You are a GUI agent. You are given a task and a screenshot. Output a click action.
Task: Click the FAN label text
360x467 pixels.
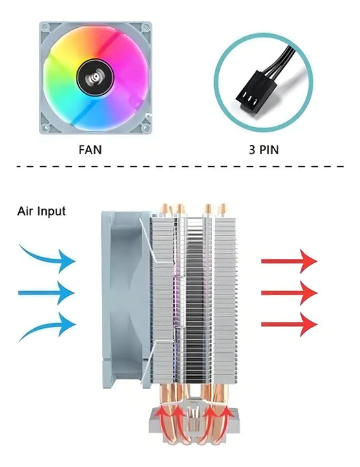click(90, 149)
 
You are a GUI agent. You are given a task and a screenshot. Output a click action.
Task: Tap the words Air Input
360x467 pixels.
click(42, 211)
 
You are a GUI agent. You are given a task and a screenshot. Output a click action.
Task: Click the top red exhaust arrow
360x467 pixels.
click(289, 261)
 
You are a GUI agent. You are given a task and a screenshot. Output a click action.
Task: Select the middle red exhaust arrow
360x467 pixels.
click(289, 293)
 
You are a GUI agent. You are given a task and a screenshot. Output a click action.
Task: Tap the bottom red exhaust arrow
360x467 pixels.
click(289, 323)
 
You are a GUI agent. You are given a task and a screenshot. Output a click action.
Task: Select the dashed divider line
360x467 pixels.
click(180, 167)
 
